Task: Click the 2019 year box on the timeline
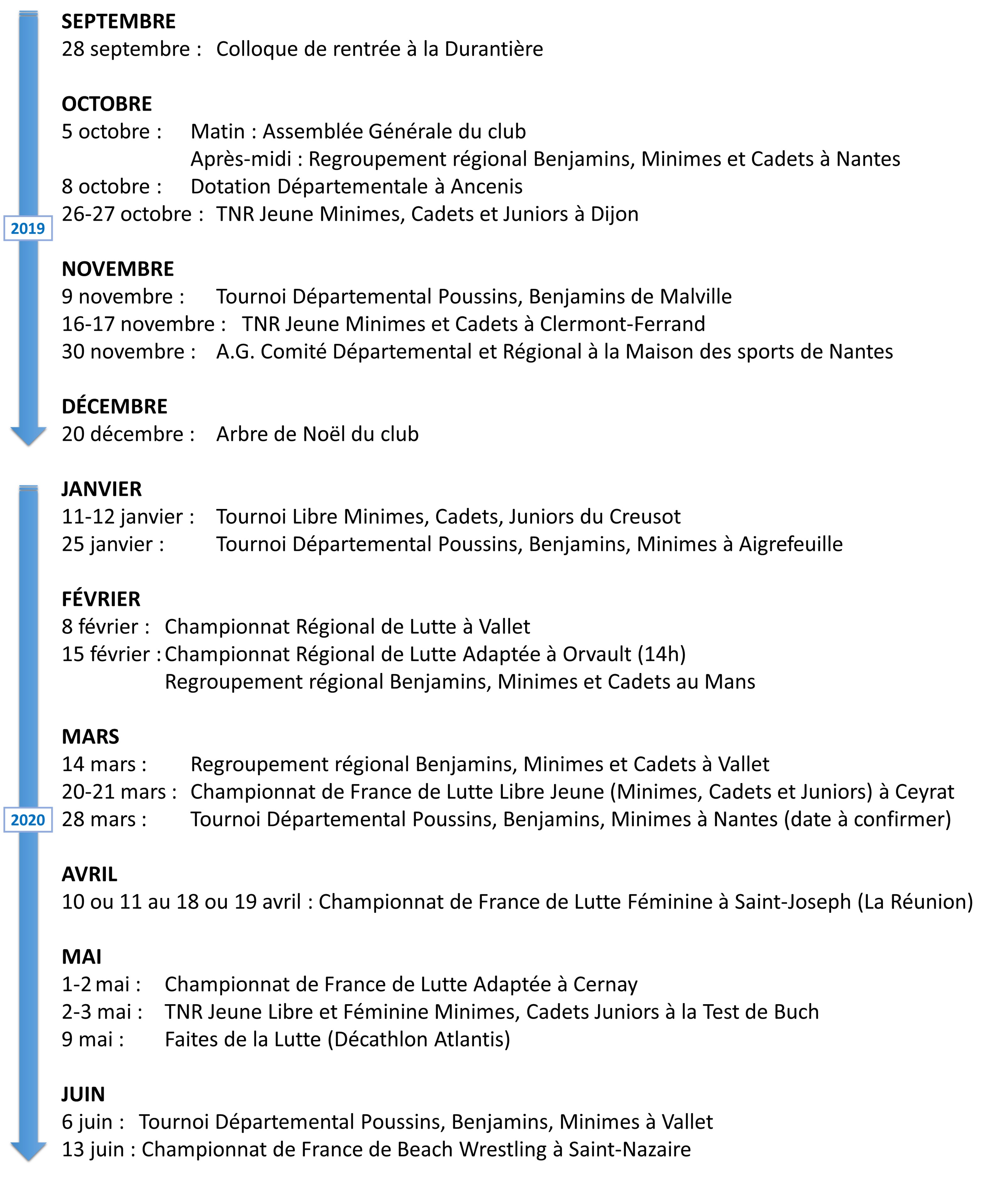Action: point(28,228)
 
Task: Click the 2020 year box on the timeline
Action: point(28,820)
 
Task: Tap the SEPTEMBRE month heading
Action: point(119,22)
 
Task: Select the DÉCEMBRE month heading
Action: point(115,407)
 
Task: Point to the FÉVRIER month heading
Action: point(101,599)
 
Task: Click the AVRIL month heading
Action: point(90,874)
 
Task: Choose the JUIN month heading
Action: point(83,1094)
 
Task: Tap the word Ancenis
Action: point(486,187)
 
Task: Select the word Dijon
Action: point(614,214)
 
